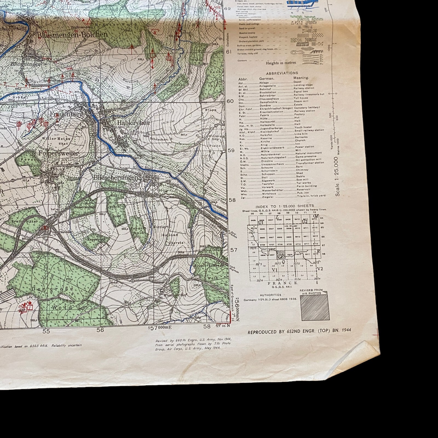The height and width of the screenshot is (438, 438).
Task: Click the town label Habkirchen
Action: click(x=133, y=123)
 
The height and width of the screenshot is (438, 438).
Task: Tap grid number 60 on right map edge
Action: click(x=231, y=101)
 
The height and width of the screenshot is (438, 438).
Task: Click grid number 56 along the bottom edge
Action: click(x=100, y=330)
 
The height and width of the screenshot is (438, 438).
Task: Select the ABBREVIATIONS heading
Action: click(x=282, y=73)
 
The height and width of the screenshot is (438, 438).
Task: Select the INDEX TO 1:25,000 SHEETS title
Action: click(x=285, y=206)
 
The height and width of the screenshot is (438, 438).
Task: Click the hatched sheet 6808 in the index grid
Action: click(x=280, y=255)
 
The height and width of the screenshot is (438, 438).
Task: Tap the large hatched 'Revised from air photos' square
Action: click(x=315, y=309)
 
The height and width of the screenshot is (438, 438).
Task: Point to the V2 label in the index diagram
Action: click(x=320, y=269)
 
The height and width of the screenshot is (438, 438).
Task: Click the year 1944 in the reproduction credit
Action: click(x=345, y=330)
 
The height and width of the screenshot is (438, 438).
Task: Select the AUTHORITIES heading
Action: click(x=270, y=295)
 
